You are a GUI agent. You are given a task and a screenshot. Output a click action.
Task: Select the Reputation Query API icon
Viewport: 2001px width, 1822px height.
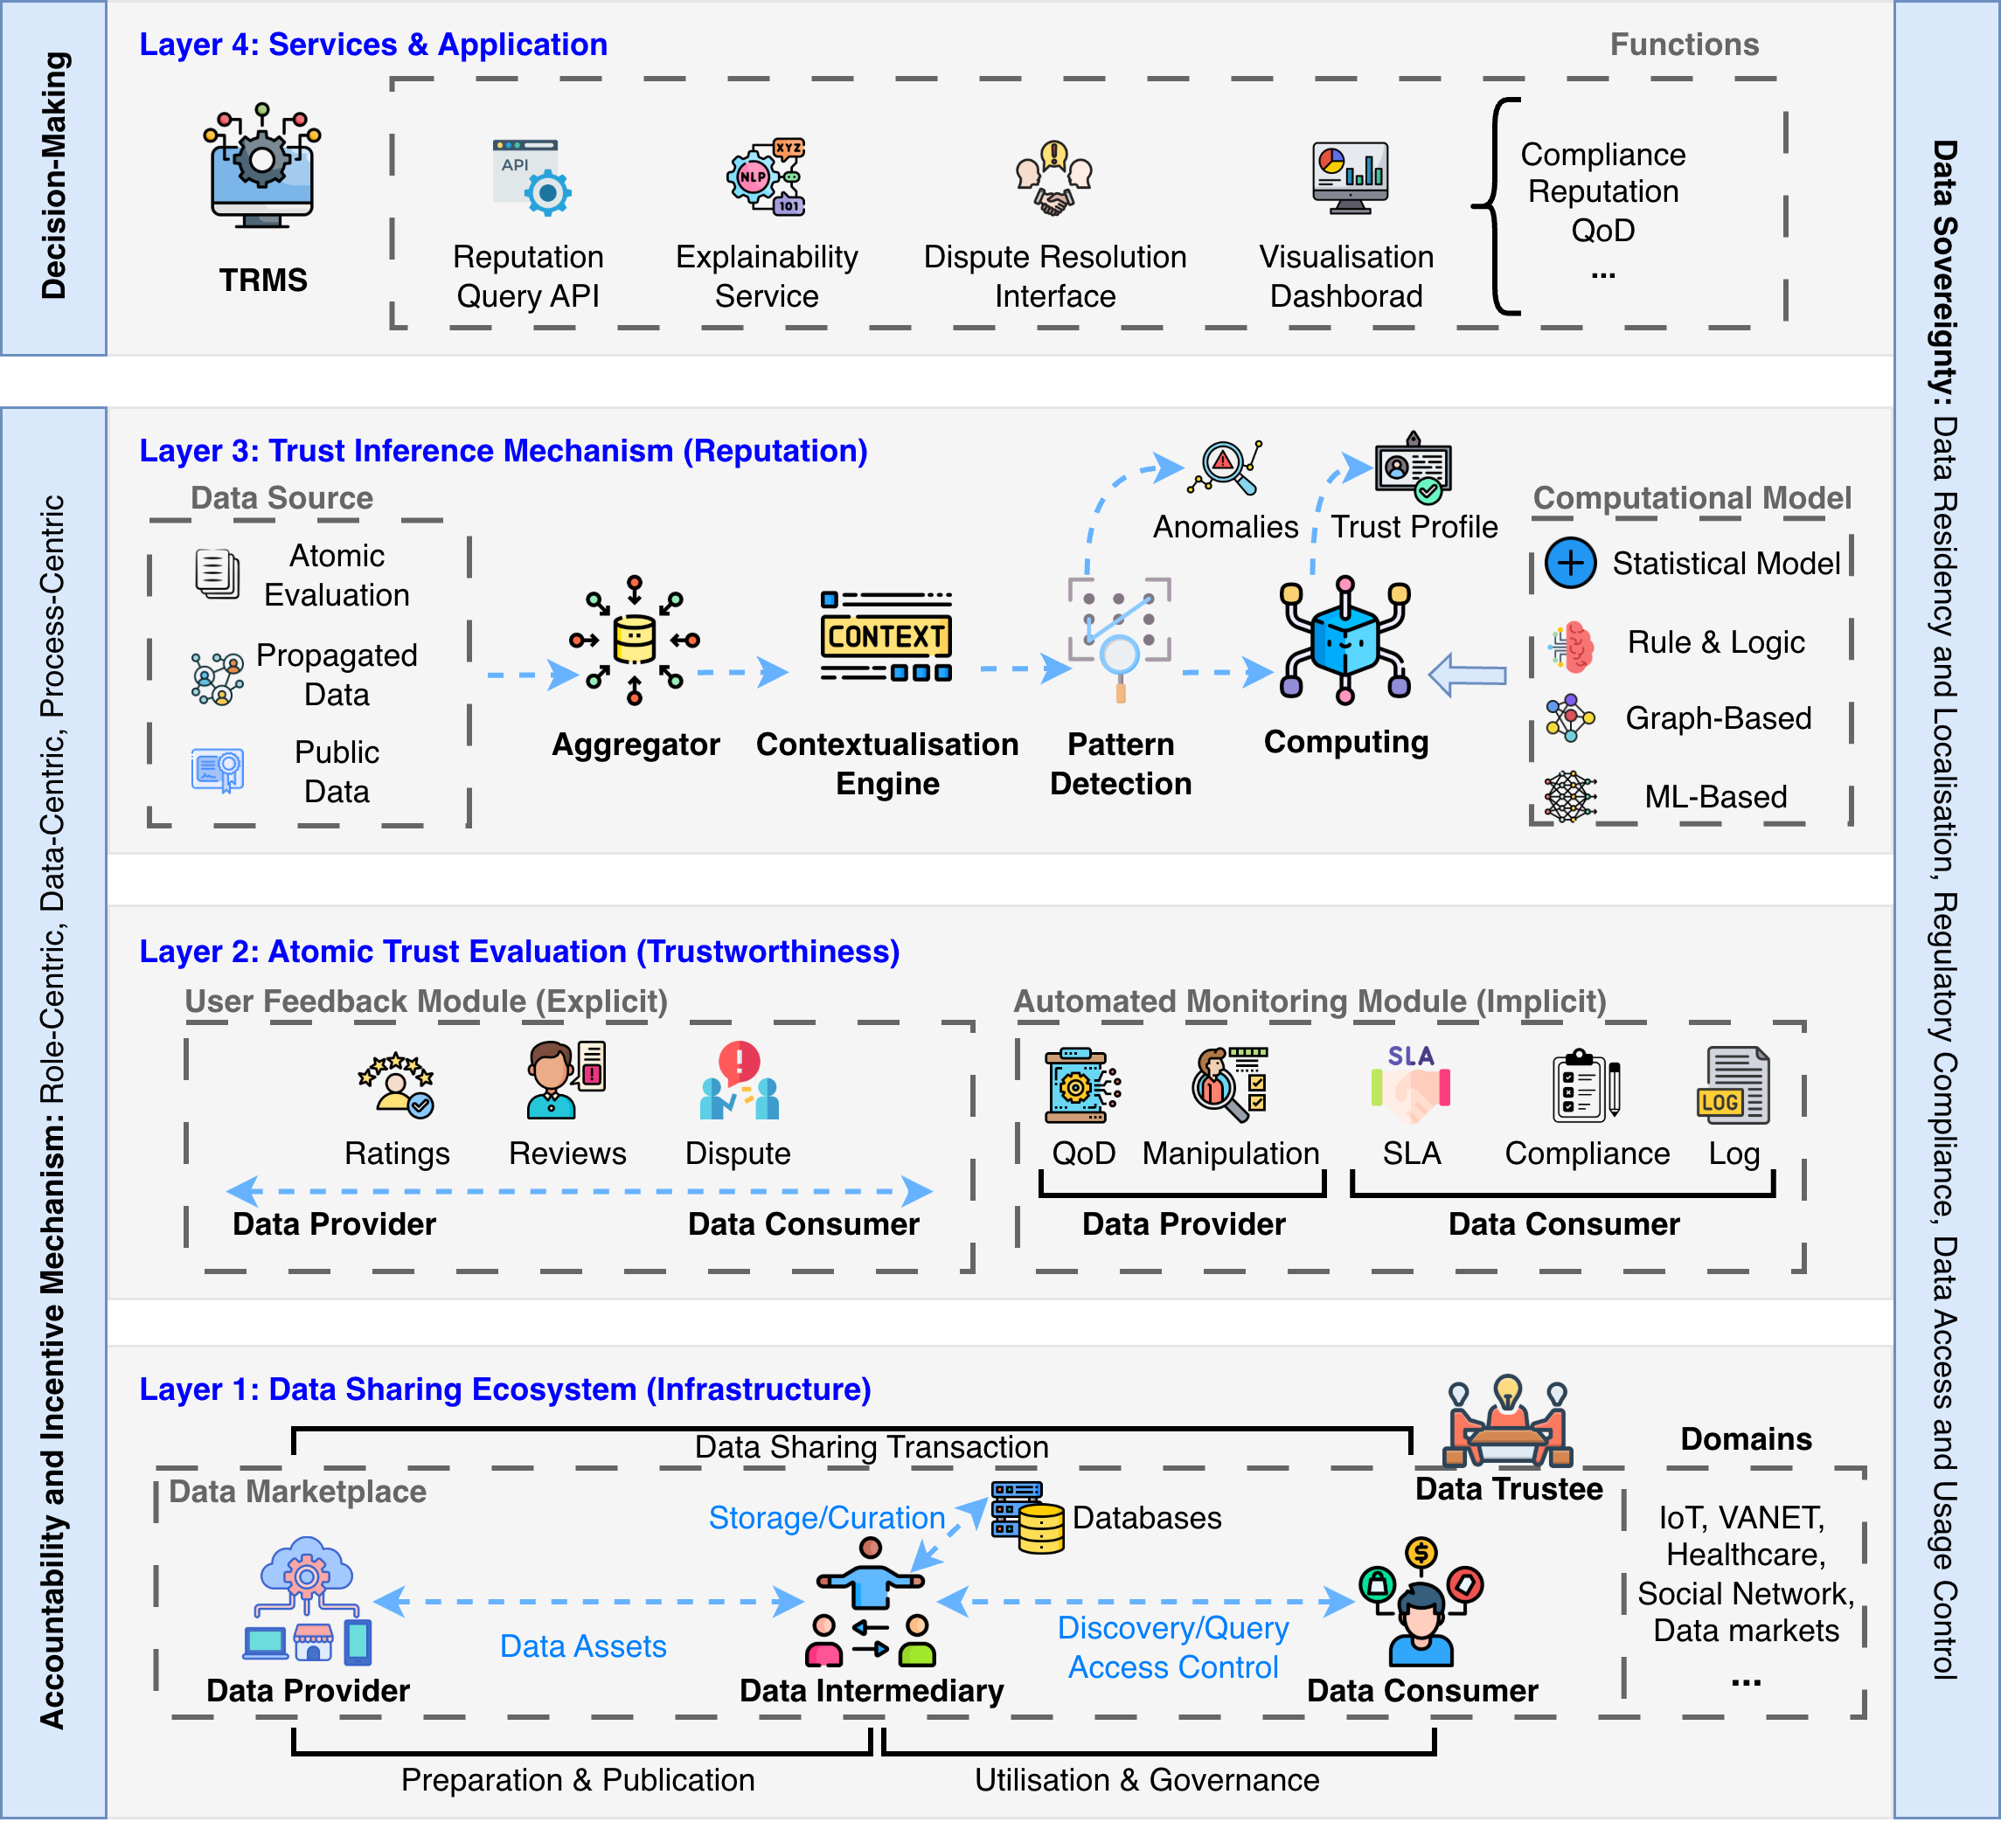(531, 177)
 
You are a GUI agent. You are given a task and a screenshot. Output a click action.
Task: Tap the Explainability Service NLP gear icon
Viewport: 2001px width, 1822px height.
(765, 177)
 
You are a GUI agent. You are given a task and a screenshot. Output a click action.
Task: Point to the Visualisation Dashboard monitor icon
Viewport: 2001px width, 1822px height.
(1350, 177)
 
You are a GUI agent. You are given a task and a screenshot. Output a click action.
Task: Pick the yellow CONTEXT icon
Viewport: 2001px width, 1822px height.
(886, 636)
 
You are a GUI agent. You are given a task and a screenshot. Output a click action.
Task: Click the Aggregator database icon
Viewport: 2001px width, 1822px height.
(635, 640)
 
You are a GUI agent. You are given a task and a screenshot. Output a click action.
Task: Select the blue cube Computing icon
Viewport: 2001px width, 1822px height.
(1344, 640)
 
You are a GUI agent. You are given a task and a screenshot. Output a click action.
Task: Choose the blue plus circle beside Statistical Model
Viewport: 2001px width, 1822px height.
(1570, 563)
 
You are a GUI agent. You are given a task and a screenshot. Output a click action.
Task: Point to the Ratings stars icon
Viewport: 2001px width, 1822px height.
(396, 1084)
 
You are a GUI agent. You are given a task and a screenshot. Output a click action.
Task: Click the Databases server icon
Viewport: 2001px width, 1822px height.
(1028, 1517)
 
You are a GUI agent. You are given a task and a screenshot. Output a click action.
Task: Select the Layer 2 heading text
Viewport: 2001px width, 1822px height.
(519, 951)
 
